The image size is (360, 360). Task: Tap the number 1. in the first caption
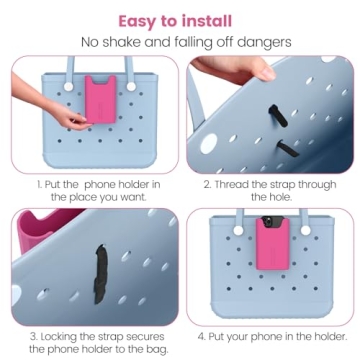41,185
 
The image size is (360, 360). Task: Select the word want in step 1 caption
128,198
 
